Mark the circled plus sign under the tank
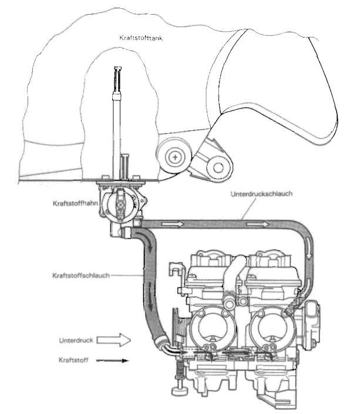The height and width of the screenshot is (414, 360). (174, 157)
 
